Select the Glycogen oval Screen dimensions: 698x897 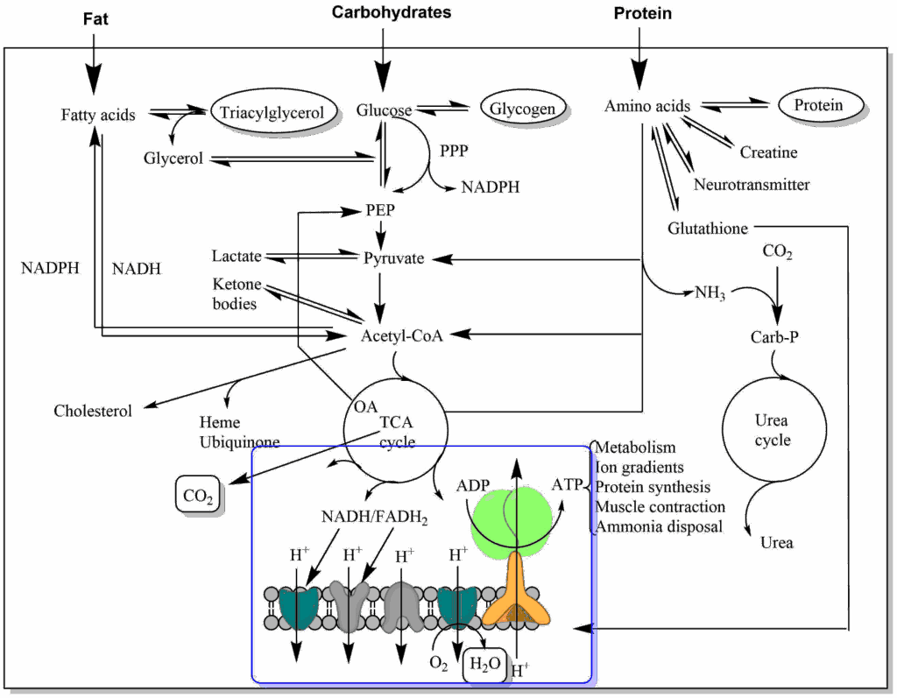(x=523, y=109)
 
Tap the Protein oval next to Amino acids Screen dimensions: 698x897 (x=818, y=106)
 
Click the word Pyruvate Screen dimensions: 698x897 (x=393, y=258)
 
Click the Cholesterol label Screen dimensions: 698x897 (x=93, y=411)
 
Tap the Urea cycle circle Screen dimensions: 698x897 (x=772, y=430)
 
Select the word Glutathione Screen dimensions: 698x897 (x=708, y=229)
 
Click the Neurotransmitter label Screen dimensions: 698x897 (x=752, y=185)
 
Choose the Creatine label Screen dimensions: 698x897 (x=768, y=152)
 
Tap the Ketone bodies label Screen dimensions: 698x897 (x=235, y=293)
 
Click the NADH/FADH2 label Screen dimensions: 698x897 (x=373, y=518)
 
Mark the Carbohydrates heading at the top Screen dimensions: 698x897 (x=392, y=12)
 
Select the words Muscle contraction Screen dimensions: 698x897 (x=660, y=507)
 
